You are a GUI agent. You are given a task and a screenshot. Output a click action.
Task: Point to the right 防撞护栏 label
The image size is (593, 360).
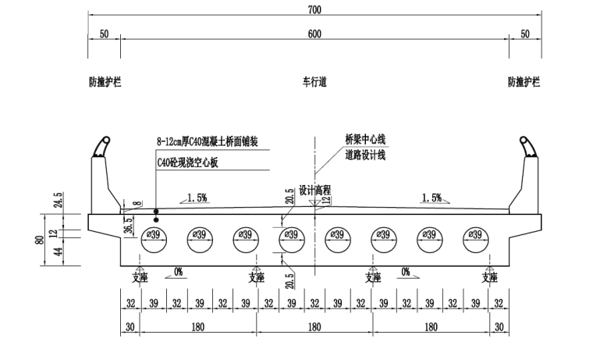pyautogui.click(x=524, y=81)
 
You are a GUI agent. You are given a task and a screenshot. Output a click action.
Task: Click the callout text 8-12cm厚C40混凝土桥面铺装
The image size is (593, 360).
pyautogui.click(x=207, y=142)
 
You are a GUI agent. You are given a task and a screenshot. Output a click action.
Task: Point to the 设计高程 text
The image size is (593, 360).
pyautogui.click(x=314, y=190)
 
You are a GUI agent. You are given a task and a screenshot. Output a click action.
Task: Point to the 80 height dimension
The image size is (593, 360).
pyautogui.click(x=40, y=240)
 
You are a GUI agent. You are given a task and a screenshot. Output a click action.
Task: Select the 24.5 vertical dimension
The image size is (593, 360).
pyautogui.click(x=58, y=200)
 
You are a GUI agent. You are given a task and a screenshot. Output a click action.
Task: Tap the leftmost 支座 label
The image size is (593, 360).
pyautogui.click(x=140, y=277)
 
